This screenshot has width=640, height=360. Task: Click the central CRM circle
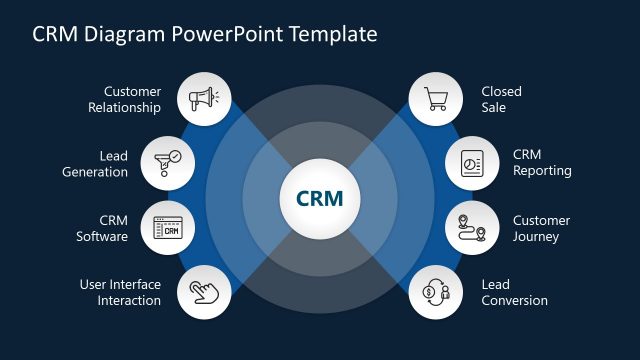pyautogui.click(x=319, y=199)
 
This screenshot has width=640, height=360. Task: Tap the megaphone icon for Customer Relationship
pyautogui.click(x=204, y=99)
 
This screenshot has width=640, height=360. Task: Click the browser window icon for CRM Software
pyautogui.click(x=168, y=228)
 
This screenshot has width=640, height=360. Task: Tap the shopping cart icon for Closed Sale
pyautogui.click(x=435, y=99)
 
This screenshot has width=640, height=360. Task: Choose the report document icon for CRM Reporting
pyautogui.click(x=471, y=162)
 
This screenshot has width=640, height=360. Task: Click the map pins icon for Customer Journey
pyautogui.click(x=471, y=228)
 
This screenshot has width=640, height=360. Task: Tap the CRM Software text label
pyautogui.click(x=102, y=228)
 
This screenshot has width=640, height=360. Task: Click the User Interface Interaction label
pyautogui.click(x=120, y=292)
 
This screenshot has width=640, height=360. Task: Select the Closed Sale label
pyautogui.click(x=501, y=100)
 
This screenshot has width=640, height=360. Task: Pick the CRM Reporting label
pyautogui.click(x=542, y=162)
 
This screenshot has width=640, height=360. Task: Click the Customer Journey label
pyautogui.click(x=541, y=228)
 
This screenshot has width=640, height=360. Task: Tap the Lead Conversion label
pyautogui.click(x=514, y=292)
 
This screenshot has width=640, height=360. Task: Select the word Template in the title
pyautogui.click(x=333, y=34)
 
